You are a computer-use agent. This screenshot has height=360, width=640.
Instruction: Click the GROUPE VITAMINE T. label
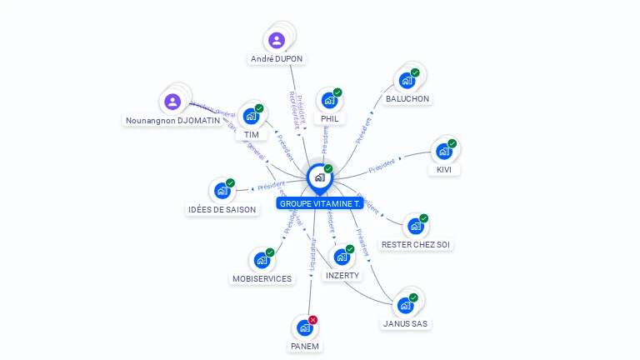coord(320,203)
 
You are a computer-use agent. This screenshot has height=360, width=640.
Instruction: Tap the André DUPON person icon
coord(277,40)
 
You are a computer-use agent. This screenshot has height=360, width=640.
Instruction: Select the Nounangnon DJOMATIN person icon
coord(172,102)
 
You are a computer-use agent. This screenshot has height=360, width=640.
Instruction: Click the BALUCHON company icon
coord(407,81)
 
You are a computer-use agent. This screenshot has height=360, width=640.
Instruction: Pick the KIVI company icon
coord(443,152)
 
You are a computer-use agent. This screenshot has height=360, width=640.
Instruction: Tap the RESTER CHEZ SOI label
coord(417,245)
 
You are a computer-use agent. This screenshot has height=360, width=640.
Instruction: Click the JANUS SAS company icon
coord(406,306)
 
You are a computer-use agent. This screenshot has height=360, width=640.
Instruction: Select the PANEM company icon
coord(304,328)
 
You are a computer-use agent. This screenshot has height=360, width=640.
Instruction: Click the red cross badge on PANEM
coord(313,320)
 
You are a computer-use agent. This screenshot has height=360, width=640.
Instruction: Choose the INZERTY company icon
coord(341,257)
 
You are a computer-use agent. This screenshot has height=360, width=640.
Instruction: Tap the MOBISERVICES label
coord(262,278)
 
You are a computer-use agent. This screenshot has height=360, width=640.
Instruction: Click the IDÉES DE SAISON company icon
coord(222,192)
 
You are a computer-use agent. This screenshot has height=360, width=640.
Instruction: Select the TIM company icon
coord(251,117)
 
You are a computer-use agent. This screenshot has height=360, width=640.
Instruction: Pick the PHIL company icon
coord(329,101)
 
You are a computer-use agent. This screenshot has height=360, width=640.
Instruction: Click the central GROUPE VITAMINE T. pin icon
coord(319,177)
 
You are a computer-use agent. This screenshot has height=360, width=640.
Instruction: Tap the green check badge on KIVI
coord(452,143)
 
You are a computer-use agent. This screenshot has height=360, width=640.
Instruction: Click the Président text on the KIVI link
coord(382,165)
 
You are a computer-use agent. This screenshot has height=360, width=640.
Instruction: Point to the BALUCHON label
coord(407,99)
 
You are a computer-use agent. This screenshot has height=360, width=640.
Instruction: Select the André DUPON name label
coord(277,59)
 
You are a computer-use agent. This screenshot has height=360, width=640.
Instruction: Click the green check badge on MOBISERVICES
coord(270,252)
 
